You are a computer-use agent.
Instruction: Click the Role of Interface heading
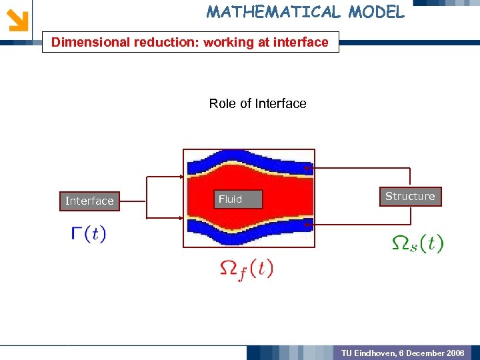click(257, 103)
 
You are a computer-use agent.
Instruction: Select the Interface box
click(89, 201)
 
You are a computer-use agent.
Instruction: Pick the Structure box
click(410, 196)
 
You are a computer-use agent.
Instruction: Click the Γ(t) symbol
click(88, 235)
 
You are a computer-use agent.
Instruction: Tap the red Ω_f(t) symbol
click(246, 269)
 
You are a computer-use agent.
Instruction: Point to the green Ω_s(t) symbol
click(417, 243)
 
